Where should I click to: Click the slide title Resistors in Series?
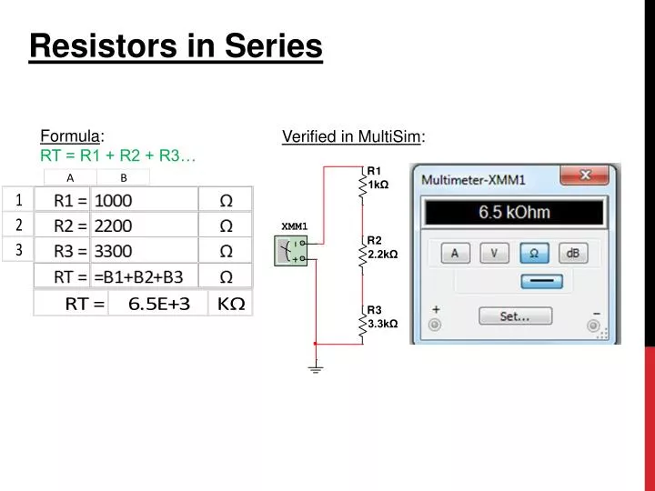tap(176, 45)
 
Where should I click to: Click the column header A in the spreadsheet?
tap(70, 177)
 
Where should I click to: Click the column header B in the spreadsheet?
tap(124, 177)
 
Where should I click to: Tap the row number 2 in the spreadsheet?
tap(17, 225)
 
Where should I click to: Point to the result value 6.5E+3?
tap(158, 304)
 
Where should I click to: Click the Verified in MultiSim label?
tap(353, 137)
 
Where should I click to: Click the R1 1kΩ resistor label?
tap(377, 178)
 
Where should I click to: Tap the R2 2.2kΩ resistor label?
tap(381, 247)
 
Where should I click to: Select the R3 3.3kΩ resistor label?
tap(381, 316)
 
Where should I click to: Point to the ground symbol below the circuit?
tap(316, 368)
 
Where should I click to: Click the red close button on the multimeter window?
tap(585, 175)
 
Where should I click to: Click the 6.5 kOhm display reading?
tap(514, 213)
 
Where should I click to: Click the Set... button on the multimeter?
tap(515, 316)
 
